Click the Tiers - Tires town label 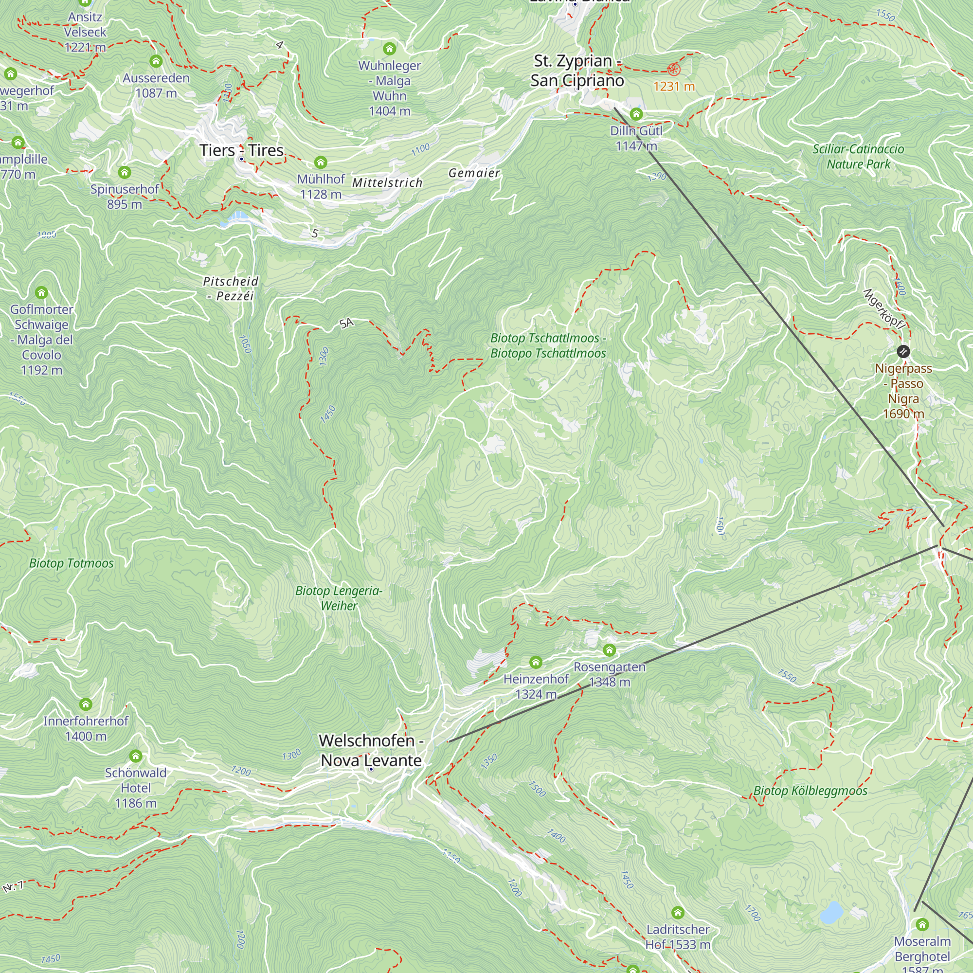point(242,150)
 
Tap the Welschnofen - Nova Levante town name point(371,750)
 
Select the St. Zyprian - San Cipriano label point(577,71)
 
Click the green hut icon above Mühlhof point(321,162)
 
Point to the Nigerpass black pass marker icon point(903,351)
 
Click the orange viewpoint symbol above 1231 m point(673,70)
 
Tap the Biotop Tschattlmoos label point(548,345)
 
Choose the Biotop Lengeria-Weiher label point(339,598)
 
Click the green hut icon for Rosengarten point(610,650)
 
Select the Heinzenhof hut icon point(536,662)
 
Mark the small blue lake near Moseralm point(831,912)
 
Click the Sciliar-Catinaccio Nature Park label point(858,156)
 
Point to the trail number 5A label point(346,324)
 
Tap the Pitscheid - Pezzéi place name point(231,288)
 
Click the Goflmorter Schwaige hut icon point(42,292)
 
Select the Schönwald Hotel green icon point(135,756)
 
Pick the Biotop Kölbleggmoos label point(811,790)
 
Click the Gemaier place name point(474,173)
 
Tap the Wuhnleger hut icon point(389,49)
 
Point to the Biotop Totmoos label point(72,563)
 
